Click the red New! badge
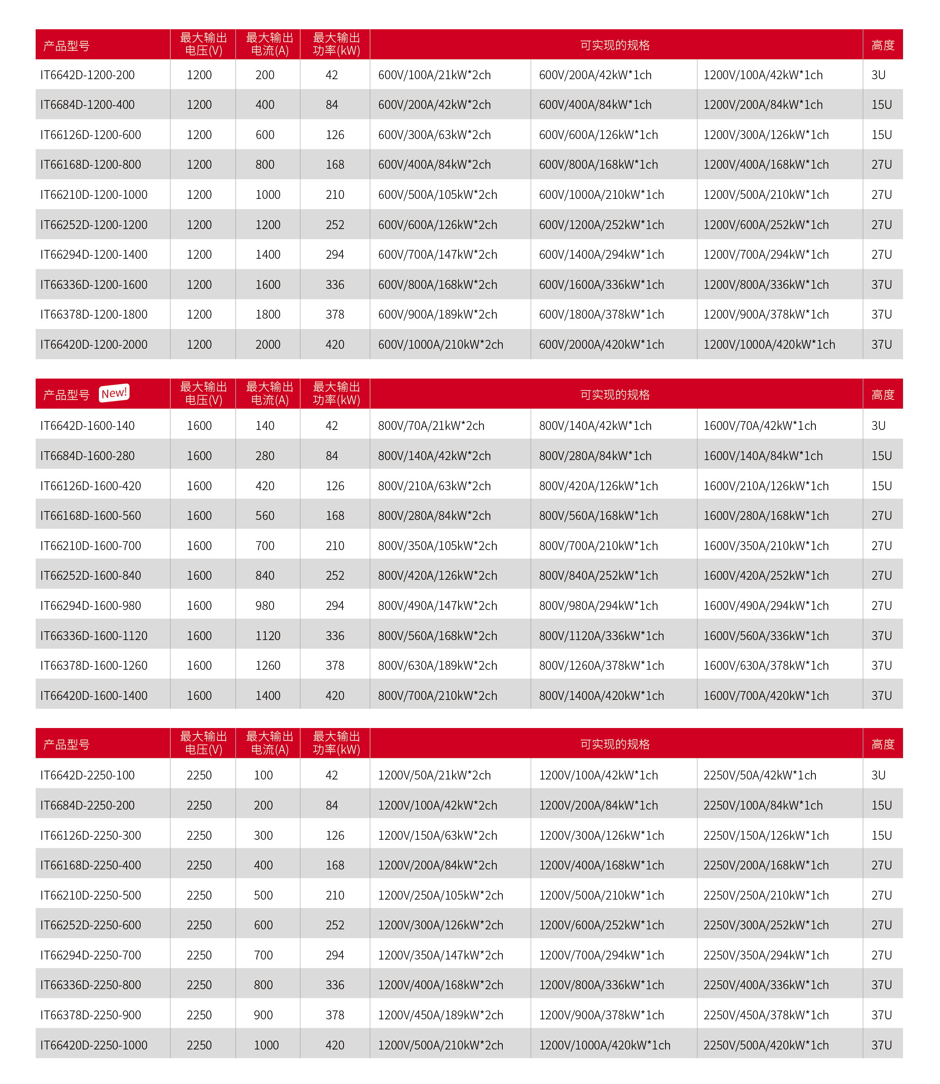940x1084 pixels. [x=114, y=393]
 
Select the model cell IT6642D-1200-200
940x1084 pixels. [x=88, y=75]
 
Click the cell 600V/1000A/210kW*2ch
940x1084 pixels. [x=440, y=345]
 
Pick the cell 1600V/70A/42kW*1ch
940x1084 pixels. [x=760, y=425]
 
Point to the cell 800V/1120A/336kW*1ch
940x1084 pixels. [x=601, y=636]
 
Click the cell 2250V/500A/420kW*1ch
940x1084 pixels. [x=766, y=1045]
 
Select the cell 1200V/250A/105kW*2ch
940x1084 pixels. [x=440, y=895]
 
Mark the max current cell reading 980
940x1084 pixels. [x=265, y=606]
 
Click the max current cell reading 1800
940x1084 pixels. [x=268, y=315]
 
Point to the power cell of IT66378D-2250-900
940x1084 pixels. [x=335, y=1015]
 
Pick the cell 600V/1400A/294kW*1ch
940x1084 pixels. [x=601, y=254]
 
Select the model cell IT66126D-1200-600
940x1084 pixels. [x=91, y=135]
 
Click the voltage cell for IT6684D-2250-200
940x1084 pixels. [x=199, y=805]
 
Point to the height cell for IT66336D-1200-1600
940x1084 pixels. [x=882, y=285]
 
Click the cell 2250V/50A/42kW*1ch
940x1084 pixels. [x=760, y=775]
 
